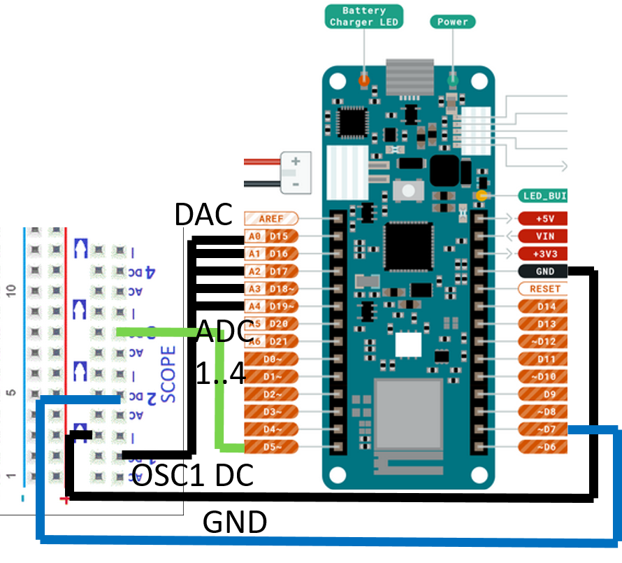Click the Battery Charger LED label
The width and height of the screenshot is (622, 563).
[x=363, y=16]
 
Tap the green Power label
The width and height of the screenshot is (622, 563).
[x=452, y=22]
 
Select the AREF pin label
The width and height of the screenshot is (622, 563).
[x=271, y=219]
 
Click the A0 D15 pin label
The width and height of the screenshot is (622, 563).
[x=271, y=236]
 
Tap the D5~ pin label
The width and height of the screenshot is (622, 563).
[x=271, y=446]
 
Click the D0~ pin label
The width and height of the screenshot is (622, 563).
[x=271, y=359]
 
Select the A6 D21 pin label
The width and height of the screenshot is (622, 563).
[x=271, y=341]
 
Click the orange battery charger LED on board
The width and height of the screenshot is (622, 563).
[x=363, y=80]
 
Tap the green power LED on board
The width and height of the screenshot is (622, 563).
[x=452, y=79]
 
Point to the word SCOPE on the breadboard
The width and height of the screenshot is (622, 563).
[x=168, y=374]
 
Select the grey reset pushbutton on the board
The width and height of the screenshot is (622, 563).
[x=405, y=190]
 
